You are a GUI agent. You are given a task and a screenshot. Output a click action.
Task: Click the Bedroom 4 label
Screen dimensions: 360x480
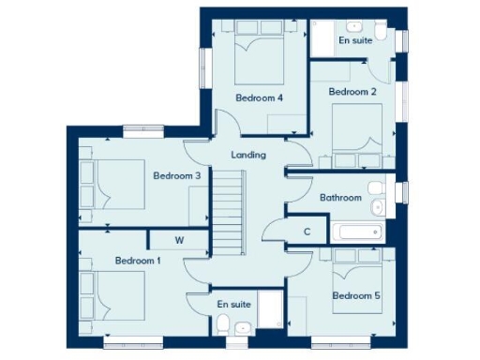click(259, 97)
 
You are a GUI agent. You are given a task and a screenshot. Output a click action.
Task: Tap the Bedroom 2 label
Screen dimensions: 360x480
click(352, 92)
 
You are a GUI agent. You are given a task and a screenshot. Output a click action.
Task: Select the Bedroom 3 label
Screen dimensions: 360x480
click(177, 175)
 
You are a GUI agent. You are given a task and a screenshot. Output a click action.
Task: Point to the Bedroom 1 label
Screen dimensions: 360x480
click(138, 260)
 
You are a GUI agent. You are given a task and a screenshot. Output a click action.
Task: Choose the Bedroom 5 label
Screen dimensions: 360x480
click(357, 296)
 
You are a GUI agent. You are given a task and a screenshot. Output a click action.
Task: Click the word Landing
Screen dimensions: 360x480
click(248, 155)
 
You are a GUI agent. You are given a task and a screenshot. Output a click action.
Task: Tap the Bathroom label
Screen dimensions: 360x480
click(340, 198)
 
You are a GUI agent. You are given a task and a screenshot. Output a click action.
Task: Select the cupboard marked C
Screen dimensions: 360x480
click(307, 232)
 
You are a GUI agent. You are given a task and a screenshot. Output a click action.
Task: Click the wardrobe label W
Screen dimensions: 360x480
click(178, 241)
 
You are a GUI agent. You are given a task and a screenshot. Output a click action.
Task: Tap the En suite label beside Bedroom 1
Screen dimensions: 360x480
click(233, 305)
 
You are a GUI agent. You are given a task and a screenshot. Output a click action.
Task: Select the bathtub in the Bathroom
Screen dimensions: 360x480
click(355, 231)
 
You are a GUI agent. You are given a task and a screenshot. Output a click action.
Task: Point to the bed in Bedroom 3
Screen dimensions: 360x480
click(112, 184)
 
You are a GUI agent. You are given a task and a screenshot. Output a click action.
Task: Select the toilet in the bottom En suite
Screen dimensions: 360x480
click(223, 324)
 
